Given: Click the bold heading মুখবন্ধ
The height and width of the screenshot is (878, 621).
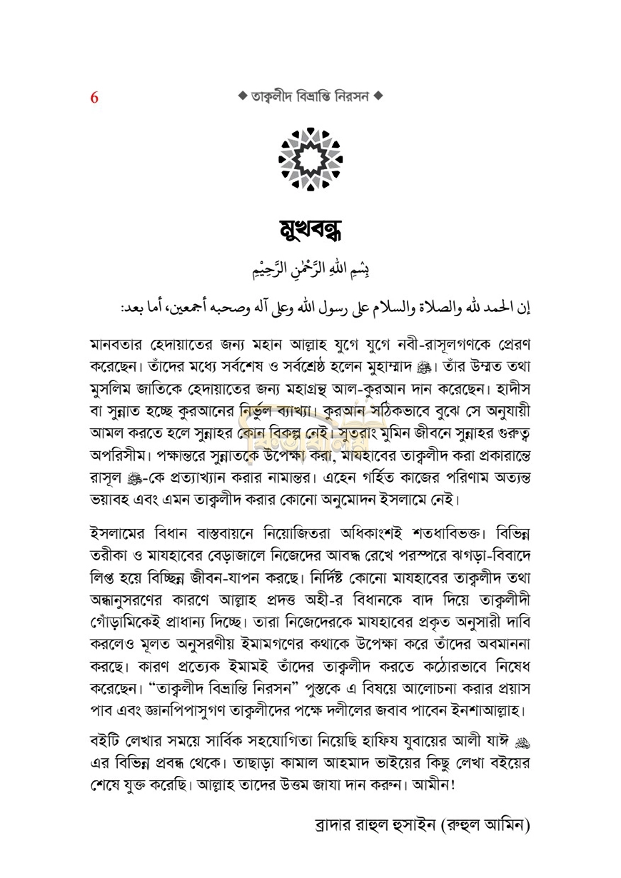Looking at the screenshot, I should pos(310,231).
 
